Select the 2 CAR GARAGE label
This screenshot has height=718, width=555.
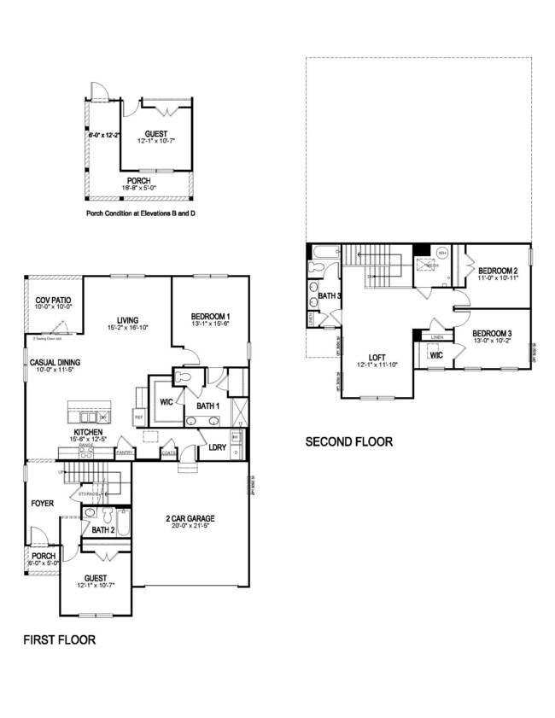[x=190, y=517]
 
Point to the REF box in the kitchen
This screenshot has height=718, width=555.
[x=139, y=416]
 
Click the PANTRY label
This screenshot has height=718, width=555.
[x=124, y=452]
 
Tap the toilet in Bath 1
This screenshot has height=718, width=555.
[x=182, y=377]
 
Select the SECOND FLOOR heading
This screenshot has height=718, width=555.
[x=349, y=441]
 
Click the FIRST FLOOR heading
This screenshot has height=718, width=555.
[x=59, y=639]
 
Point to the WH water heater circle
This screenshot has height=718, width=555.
[x=441, y=253]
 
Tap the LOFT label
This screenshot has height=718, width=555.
[x=378, y=358]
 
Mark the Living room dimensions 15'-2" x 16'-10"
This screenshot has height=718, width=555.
[x=128, y=327]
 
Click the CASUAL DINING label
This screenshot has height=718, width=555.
[x=55, y=362]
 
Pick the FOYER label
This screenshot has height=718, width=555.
[x=43, y=503]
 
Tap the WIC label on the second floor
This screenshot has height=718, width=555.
[x=435, y=355]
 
